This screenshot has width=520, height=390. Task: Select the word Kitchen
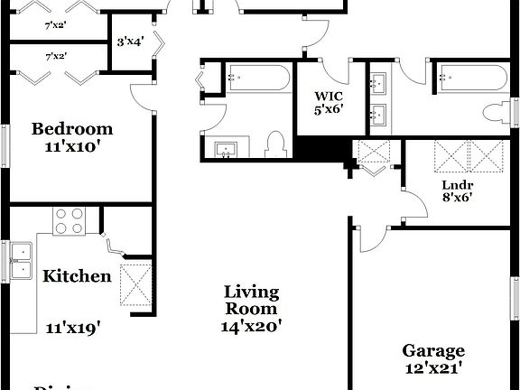77,276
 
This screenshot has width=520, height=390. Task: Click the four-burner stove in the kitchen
70,222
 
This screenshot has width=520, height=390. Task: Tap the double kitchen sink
19,258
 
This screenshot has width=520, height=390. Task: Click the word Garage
433,351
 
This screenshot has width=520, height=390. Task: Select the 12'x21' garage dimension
433,368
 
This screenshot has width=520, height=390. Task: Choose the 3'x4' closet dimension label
131,41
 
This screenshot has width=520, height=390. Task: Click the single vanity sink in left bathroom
224,149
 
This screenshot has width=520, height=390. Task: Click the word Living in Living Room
251,292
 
